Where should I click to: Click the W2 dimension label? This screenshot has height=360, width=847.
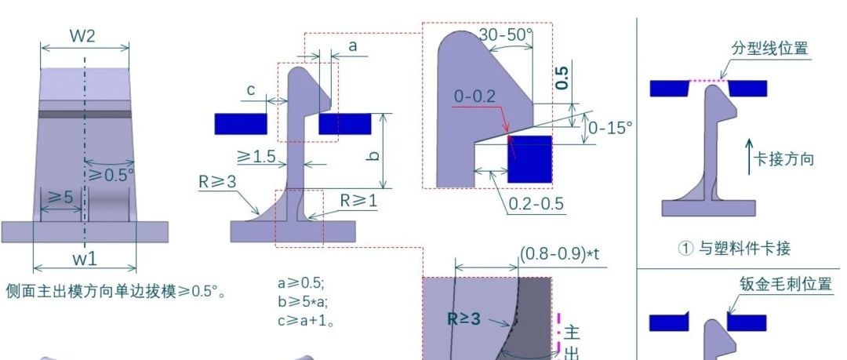coord(82,35)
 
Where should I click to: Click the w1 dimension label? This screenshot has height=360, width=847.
coord(85,259)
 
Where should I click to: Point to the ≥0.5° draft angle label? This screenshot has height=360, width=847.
coord(111,175)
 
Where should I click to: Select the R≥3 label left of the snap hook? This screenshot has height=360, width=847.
coord(218,182)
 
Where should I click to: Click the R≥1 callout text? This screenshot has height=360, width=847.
coord(358,201)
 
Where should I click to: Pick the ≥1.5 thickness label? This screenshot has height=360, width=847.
coord(256,157)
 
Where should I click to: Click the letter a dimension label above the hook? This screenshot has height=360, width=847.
coord(353,46)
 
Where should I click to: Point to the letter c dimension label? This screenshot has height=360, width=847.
coord(251,89)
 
